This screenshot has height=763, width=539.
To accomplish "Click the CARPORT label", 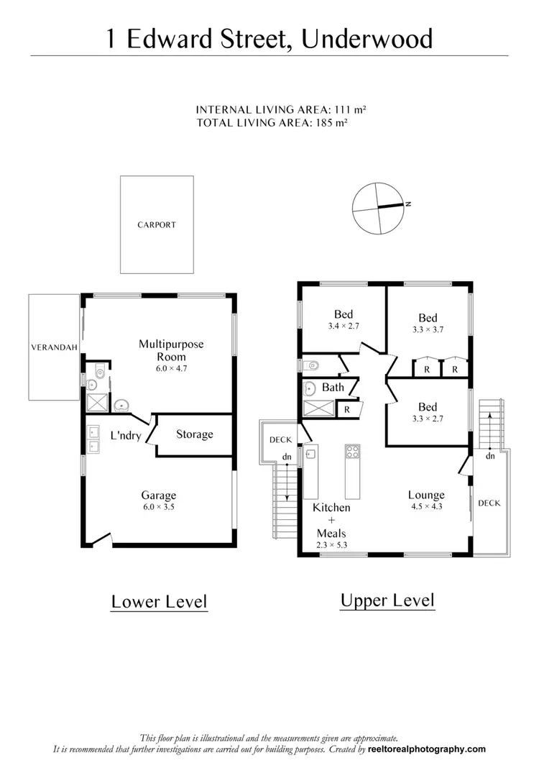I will coord(157,225).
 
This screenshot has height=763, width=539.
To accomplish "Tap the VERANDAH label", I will coord(53,347).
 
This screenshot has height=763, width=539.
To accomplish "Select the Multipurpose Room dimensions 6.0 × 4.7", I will coord(171,368).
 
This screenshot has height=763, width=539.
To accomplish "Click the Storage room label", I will coord(194,434).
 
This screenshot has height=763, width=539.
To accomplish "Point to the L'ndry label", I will coord(124,435).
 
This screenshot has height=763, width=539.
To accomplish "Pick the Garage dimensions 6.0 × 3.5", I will coord(158,507).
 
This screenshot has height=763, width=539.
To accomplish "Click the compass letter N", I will coord(408,204).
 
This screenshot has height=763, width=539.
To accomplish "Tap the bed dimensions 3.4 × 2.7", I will coord(343,326).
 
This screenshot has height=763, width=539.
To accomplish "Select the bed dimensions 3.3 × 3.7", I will coord(428,330).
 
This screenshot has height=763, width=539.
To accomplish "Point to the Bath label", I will coord(333,388).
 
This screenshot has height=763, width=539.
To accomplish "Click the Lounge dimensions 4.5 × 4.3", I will coord(426,506).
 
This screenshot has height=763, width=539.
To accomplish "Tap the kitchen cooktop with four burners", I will coord(352,452).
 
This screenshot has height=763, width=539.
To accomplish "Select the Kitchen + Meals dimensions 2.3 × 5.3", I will coord(331,545).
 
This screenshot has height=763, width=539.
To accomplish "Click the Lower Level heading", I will coord(159,601).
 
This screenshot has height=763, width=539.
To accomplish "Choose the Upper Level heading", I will coord(387,600).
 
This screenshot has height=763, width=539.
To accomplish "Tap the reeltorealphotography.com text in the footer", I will coord(426,749).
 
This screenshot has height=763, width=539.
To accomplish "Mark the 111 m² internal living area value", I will coord(351,110).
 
